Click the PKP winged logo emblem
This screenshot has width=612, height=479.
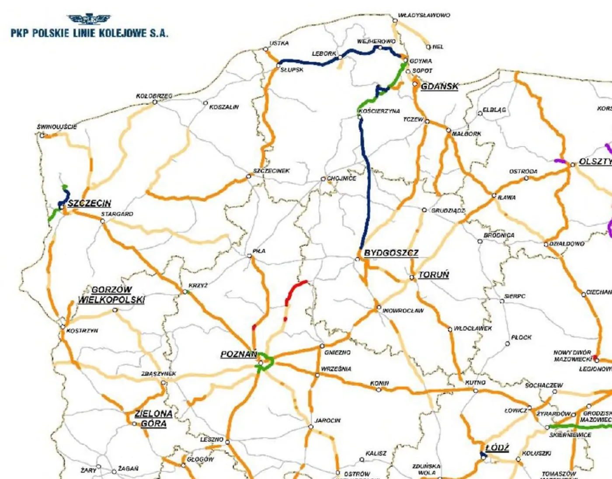tap(89, 19)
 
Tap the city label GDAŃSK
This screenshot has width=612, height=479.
tap(439, 86)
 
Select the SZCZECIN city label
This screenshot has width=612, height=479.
tap(89, 203)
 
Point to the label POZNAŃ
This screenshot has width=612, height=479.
tap(238, 354)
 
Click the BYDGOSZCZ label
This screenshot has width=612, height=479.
tap(391, 253)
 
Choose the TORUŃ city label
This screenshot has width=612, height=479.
tap(434, 275)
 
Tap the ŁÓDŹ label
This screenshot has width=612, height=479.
tap(497, 448)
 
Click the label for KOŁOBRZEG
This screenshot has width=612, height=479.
tap(154, 96)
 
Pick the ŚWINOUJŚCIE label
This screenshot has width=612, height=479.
tap(57, 127)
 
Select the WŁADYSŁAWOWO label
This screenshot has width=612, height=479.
tap(424, 15)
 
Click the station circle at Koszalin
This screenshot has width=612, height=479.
tap(205, 103)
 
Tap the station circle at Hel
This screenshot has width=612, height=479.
tap(428, 47)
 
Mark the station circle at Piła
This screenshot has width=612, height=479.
tap(250, 256)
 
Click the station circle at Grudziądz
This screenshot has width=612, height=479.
tap(424, 210)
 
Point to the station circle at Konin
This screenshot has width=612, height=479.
tap(379, 389)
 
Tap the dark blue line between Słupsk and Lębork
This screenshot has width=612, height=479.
tap(306, 62)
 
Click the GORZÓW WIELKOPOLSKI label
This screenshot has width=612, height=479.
tap(111, 295)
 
